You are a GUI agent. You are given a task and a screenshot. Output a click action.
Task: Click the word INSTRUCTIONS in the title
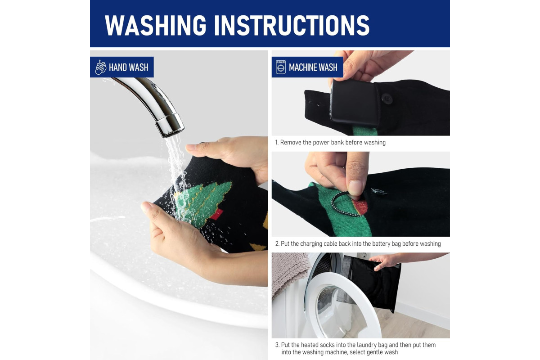[292, 25]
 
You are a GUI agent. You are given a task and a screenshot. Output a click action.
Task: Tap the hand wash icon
[100, 67]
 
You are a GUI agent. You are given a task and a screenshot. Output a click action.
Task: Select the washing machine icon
[281, 67]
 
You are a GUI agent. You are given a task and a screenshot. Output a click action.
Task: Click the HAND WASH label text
[129, 67]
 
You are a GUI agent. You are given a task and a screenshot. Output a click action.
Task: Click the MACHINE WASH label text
[313, 67]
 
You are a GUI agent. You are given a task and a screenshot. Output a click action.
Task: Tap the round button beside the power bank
[387, 99]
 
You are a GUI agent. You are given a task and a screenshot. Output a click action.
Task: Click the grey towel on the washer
[289, 272]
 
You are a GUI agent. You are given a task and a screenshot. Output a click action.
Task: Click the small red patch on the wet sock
[216, 215]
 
